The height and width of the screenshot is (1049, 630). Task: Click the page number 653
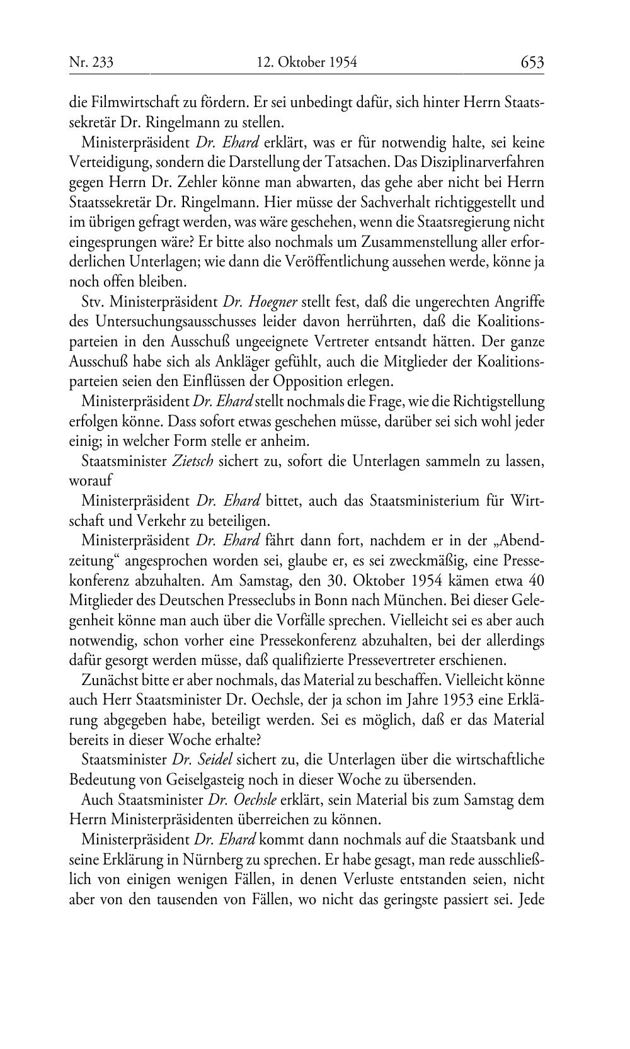[x=532, y=62]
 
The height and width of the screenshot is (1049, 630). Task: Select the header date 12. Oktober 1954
[x=307, y=62]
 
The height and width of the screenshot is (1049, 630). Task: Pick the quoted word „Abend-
[x=519, y=541]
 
